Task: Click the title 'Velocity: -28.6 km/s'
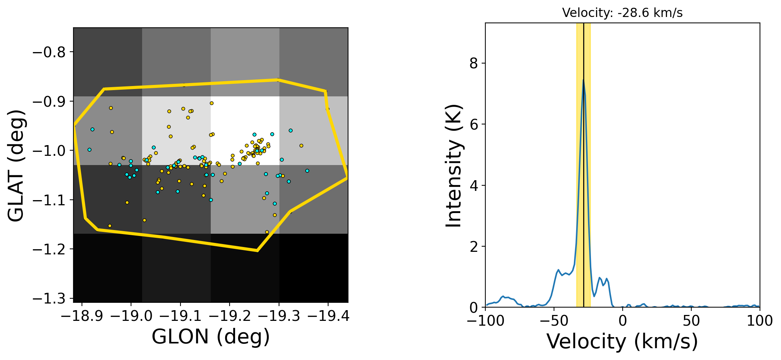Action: pyautogui.click(x=622, y=13)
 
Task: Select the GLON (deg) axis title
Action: pyautogui.click(x=211, y=337)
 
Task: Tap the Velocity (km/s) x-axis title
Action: pyautogui.click(x=622, y=341)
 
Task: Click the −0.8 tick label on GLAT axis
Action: pyautogui.click(x=49, y=52)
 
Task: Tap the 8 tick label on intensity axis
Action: pyautogui.click(x=474, y=64)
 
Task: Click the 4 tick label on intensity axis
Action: pyautogui.click(x=474, y=185)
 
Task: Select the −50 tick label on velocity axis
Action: pyautogui.click(x=554, y=320)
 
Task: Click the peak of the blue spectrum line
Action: pyautogui.click(x=583, y=80)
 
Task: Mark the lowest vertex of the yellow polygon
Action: pyautogui.click(x=257, y=251)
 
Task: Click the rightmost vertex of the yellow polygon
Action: pyautogui.click(x=347, y=178)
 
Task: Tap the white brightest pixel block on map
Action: pyautogui.click(x=245, y=131)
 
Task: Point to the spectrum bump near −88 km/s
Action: pyautogui.click(x=503, y=296)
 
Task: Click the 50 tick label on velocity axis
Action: pyautogui.click(x=691, y=320)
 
